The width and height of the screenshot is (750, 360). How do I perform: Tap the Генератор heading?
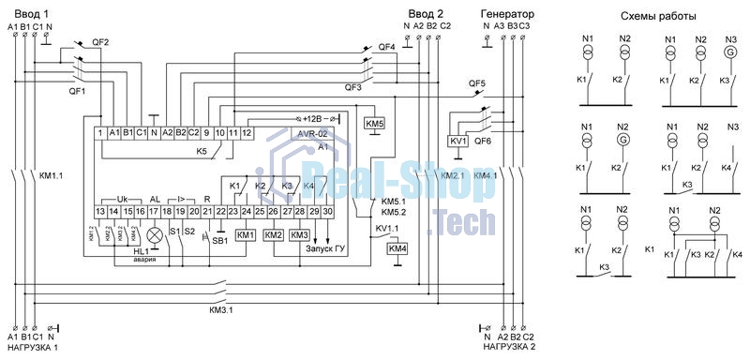(x=506, y=14)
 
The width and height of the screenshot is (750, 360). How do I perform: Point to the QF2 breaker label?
(x=100, y=43)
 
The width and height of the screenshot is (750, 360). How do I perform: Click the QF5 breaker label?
(x=478, y=83)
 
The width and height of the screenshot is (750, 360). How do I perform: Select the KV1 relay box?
(x=458, y=142)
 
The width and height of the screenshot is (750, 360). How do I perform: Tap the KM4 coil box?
(x=398, y=248)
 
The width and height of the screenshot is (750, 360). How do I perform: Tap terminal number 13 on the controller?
(x=98, y=213)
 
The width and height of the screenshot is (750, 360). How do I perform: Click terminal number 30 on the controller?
(x=328, y=213)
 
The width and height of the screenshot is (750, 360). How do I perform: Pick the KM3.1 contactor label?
(x=222, y=309)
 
